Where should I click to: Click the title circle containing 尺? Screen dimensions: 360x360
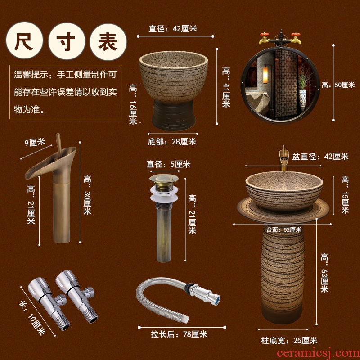24,40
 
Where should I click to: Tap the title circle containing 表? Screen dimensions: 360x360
108,42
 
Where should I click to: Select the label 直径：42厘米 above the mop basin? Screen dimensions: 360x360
173,29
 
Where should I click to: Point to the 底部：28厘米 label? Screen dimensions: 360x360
172,142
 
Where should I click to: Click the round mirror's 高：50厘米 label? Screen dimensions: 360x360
338,85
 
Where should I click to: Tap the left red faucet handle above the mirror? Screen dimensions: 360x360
265,35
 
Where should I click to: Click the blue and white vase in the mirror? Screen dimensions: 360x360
302,99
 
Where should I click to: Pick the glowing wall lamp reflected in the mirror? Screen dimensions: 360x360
265,74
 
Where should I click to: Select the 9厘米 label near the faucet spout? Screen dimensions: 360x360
35,143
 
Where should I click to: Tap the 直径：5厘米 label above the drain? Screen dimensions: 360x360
168,164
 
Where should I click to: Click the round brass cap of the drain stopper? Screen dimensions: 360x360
164,178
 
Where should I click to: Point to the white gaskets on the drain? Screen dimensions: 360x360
164,193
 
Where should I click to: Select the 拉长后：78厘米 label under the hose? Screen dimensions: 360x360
179,334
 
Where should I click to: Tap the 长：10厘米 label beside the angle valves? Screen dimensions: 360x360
32,318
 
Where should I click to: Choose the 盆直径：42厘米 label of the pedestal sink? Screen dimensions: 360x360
320,157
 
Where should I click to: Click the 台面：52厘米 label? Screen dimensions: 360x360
284,229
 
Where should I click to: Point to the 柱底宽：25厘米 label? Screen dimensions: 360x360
289,341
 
